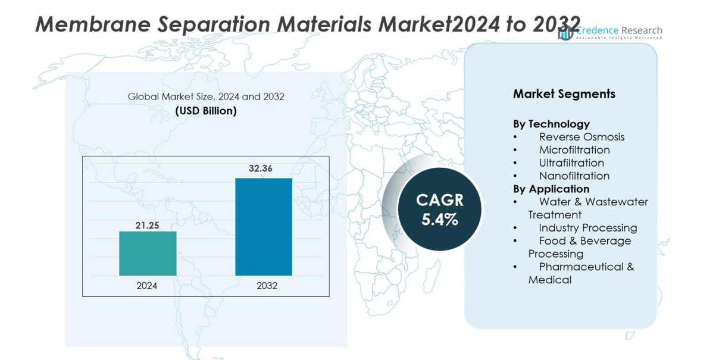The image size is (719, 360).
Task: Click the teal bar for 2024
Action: [148, 253]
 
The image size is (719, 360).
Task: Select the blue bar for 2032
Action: [264, 227]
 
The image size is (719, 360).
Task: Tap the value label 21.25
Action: [147, 226]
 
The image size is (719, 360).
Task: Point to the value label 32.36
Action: [261, 168]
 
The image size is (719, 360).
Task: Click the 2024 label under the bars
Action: [147, 286]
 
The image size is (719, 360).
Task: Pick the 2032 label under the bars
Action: [267, 286]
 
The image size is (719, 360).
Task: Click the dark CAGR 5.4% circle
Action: [440, 209]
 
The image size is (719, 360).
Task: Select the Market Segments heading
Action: [564, 94]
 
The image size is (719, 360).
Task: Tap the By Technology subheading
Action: [551, 124]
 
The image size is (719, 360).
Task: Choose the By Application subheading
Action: [551, 189]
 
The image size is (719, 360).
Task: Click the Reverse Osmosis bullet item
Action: [582, 137]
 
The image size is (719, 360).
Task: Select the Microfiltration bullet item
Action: [574, 150]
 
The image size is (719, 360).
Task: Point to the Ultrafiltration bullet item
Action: [571, 163]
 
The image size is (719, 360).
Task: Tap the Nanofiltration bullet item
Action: [574, 176]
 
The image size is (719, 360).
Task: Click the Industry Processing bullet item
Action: [587, 228]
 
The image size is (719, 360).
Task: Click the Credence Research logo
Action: [609, 32]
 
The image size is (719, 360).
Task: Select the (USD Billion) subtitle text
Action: [206, 111]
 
